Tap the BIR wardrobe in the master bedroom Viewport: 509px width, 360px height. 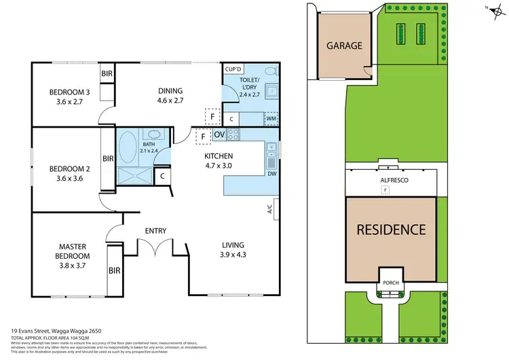(114, 270)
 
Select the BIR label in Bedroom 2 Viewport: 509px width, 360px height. (108, 159)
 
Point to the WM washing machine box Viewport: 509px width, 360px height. (271, 118)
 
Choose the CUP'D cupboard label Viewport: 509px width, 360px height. (233, 69)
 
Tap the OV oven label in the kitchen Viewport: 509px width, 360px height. (219, 134)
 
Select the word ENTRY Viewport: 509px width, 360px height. (155, 231)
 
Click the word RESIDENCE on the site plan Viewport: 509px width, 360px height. (391, 230)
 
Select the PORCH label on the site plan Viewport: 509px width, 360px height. (390, 283)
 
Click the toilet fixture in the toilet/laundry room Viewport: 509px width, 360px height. (269, 71)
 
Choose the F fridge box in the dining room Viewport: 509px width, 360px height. (212, 117)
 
